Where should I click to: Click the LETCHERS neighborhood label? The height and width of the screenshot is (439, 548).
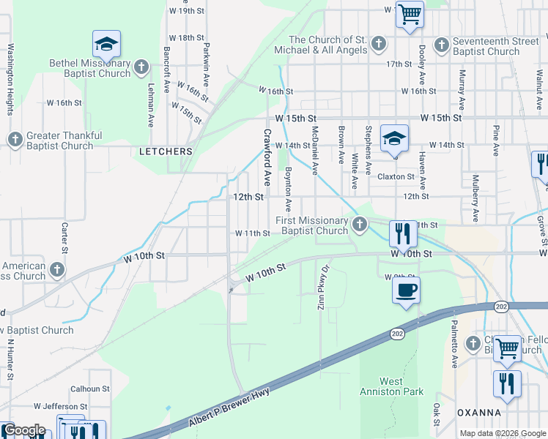(x=166, y=151)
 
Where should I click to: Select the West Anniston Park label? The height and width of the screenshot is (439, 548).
(x=401, y=386)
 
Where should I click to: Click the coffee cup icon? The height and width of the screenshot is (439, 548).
(x=406, y=290)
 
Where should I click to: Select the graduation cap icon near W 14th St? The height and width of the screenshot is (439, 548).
(x=394, y=138)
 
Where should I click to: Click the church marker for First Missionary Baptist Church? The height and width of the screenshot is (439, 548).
(x=359, y=225)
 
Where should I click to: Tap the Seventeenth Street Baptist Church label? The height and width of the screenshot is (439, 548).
(x=486, y=45)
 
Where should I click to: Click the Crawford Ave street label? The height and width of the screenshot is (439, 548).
(x=267, y=157)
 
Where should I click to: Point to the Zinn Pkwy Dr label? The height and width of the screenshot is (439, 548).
(x=321, y=286)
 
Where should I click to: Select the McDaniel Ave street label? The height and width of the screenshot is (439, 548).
(x=314, y=151)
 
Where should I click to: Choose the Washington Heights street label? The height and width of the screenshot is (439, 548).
(x=10, y=80)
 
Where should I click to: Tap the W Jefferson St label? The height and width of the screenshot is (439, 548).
(x=60, y=405)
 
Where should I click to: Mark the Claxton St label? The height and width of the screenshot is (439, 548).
(x=396, y=176)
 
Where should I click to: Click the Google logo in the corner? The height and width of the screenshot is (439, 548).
(x=23, y=430)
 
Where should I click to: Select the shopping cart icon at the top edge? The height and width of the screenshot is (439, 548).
(x=410, y=13)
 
